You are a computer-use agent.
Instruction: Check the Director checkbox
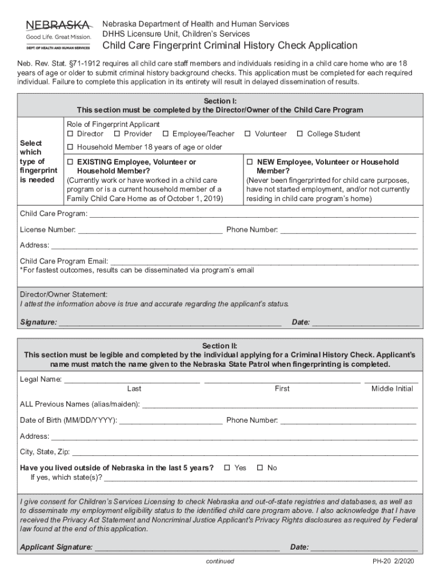[x=70, y=134]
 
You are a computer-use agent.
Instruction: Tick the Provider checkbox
[x=117, y=134]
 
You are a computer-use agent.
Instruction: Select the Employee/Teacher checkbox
[x=166, y=134]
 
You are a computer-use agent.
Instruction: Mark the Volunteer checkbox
[x=248, y=134]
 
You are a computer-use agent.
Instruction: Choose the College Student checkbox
[x=300, y=134]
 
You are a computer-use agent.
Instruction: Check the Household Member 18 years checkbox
[x=70, y=147]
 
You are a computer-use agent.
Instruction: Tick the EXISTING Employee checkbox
[x=70, y=162]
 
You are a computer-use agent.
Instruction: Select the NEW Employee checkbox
[x=250, y=162]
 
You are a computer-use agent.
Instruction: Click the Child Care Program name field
[x=254, y=215]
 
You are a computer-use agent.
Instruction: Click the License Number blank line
[x=150, y=230]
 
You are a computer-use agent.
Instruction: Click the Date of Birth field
[x=170, y=421]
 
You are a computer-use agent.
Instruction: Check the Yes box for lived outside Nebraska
[x=227, y=468]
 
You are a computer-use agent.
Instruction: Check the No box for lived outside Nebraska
[x=259, y=468]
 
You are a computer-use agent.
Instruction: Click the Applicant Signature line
[x=187, y=548]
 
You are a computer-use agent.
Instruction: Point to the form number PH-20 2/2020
[x=393, y=562]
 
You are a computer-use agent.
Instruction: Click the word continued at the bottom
[x=220, y=562]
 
